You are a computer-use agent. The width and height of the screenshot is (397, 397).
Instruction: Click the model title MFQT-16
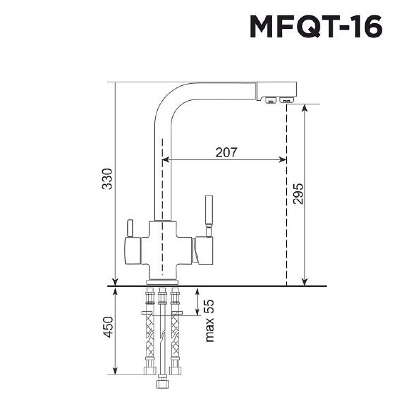coord(316,26)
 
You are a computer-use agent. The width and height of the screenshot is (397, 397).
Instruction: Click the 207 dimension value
coord(226,152)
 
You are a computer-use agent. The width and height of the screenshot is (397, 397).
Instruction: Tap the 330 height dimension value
coord(107,179)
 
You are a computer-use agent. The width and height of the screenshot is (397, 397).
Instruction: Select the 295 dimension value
coord(298,194)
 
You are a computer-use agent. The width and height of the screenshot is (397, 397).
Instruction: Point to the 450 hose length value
coord(108,327)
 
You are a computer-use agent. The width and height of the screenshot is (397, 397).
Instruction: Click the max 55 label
coord(209,321)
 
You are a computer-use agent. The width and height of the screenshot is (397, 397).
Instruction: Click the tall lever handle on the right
coord(209,216)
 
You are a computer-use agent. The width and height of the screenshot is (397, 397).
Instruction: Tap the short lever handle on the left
coord(130,228)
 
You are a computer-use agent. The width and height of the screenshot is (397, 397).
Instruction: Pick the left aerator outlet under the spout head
coord(271,101)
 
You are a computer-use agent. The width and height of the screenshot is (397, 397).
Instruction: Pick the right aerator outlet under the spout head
coord(286,100)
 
